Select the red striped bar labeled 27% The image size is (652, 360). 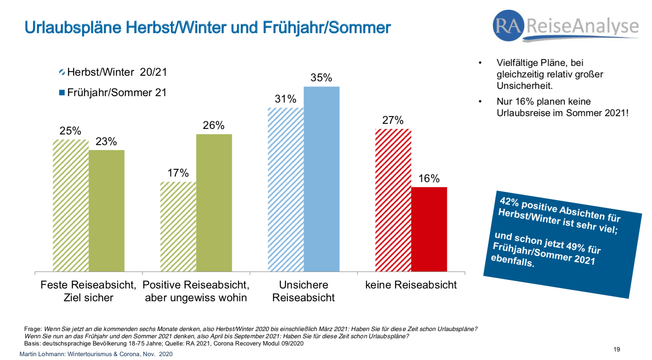pos(393,200)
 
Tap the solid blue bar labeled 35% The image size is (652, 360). pos(321,179)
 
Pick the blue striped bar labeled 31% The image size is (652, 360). pos(285,189)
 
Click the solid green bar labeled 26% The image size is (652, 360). pos(214,203)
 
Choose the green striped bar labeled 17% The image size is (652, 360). pos(178,226)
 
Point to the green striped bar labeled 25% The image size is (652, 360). pos(70,205)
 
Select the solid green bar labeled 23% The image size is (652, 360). pos(106,211)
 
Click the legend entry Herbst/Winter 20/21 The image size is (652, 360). pos(113,72)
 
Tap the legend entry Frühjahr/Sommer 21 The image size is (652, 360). pos(113,93)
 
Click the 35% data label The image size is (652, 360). pos(321,78)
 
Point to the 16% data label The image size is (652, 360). pos(429,179)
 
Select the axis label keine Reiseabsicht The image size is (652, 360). pos(411,285)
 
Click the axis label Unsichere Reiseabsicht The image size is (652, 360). pos(303,291)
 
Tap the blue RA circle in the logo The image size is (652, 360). pos(508,26)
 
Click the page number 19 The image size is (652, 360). pos(616,349)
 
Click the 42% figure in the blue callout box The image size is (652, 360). pos(509,201)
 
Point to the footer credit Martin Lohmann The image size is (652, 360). pos(42,354)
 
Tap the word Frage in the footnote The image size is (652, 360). pos(33,329)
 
